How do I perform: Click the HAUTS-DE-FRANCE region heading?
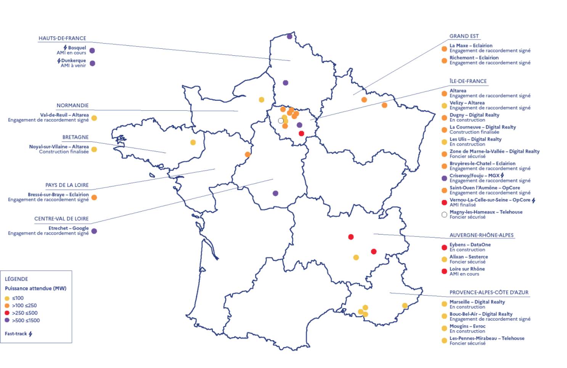[x=62, y=38]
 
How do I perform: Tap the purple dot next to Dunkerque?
[x=92, y=63]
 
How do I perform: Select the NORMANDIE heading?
[x=72, y=105]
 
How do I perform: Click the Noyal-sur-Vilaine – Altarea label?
[x=59, y=146]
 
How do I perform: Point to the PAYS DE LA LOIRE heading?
[x=67, y=185]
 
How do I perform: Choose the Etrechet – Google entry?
[x=68, y=228]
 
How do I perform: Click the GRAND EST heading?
[x=464, y=36]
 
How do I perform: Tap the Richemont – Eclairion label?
[x=474, y=58]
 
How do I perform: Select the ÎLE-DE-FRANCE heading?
[x=468, y=81]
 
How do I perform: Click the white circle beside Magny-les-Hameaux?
[x=444, y=215]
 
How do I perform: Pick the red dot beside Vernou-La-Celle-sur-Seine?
[x=444, y=202]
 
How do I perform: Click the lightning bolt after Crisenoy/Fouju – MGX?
[x=502, y=175]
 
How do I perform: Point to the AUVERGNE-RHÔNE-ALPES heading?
[x=481, y=235]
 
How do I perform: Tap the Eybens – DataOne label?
[x=470, y=244]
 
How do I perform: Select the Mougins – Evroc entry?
[x=467, y=326]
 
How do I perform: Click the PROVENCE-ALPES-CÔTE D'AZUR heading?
[x=489, y=292]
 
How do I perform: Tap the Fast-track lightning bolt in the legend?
[x=31, y=334]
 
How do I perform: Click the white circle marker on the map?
[x=281, y=121]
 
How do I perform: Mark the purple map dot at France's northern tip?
[x=289, y=37]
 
